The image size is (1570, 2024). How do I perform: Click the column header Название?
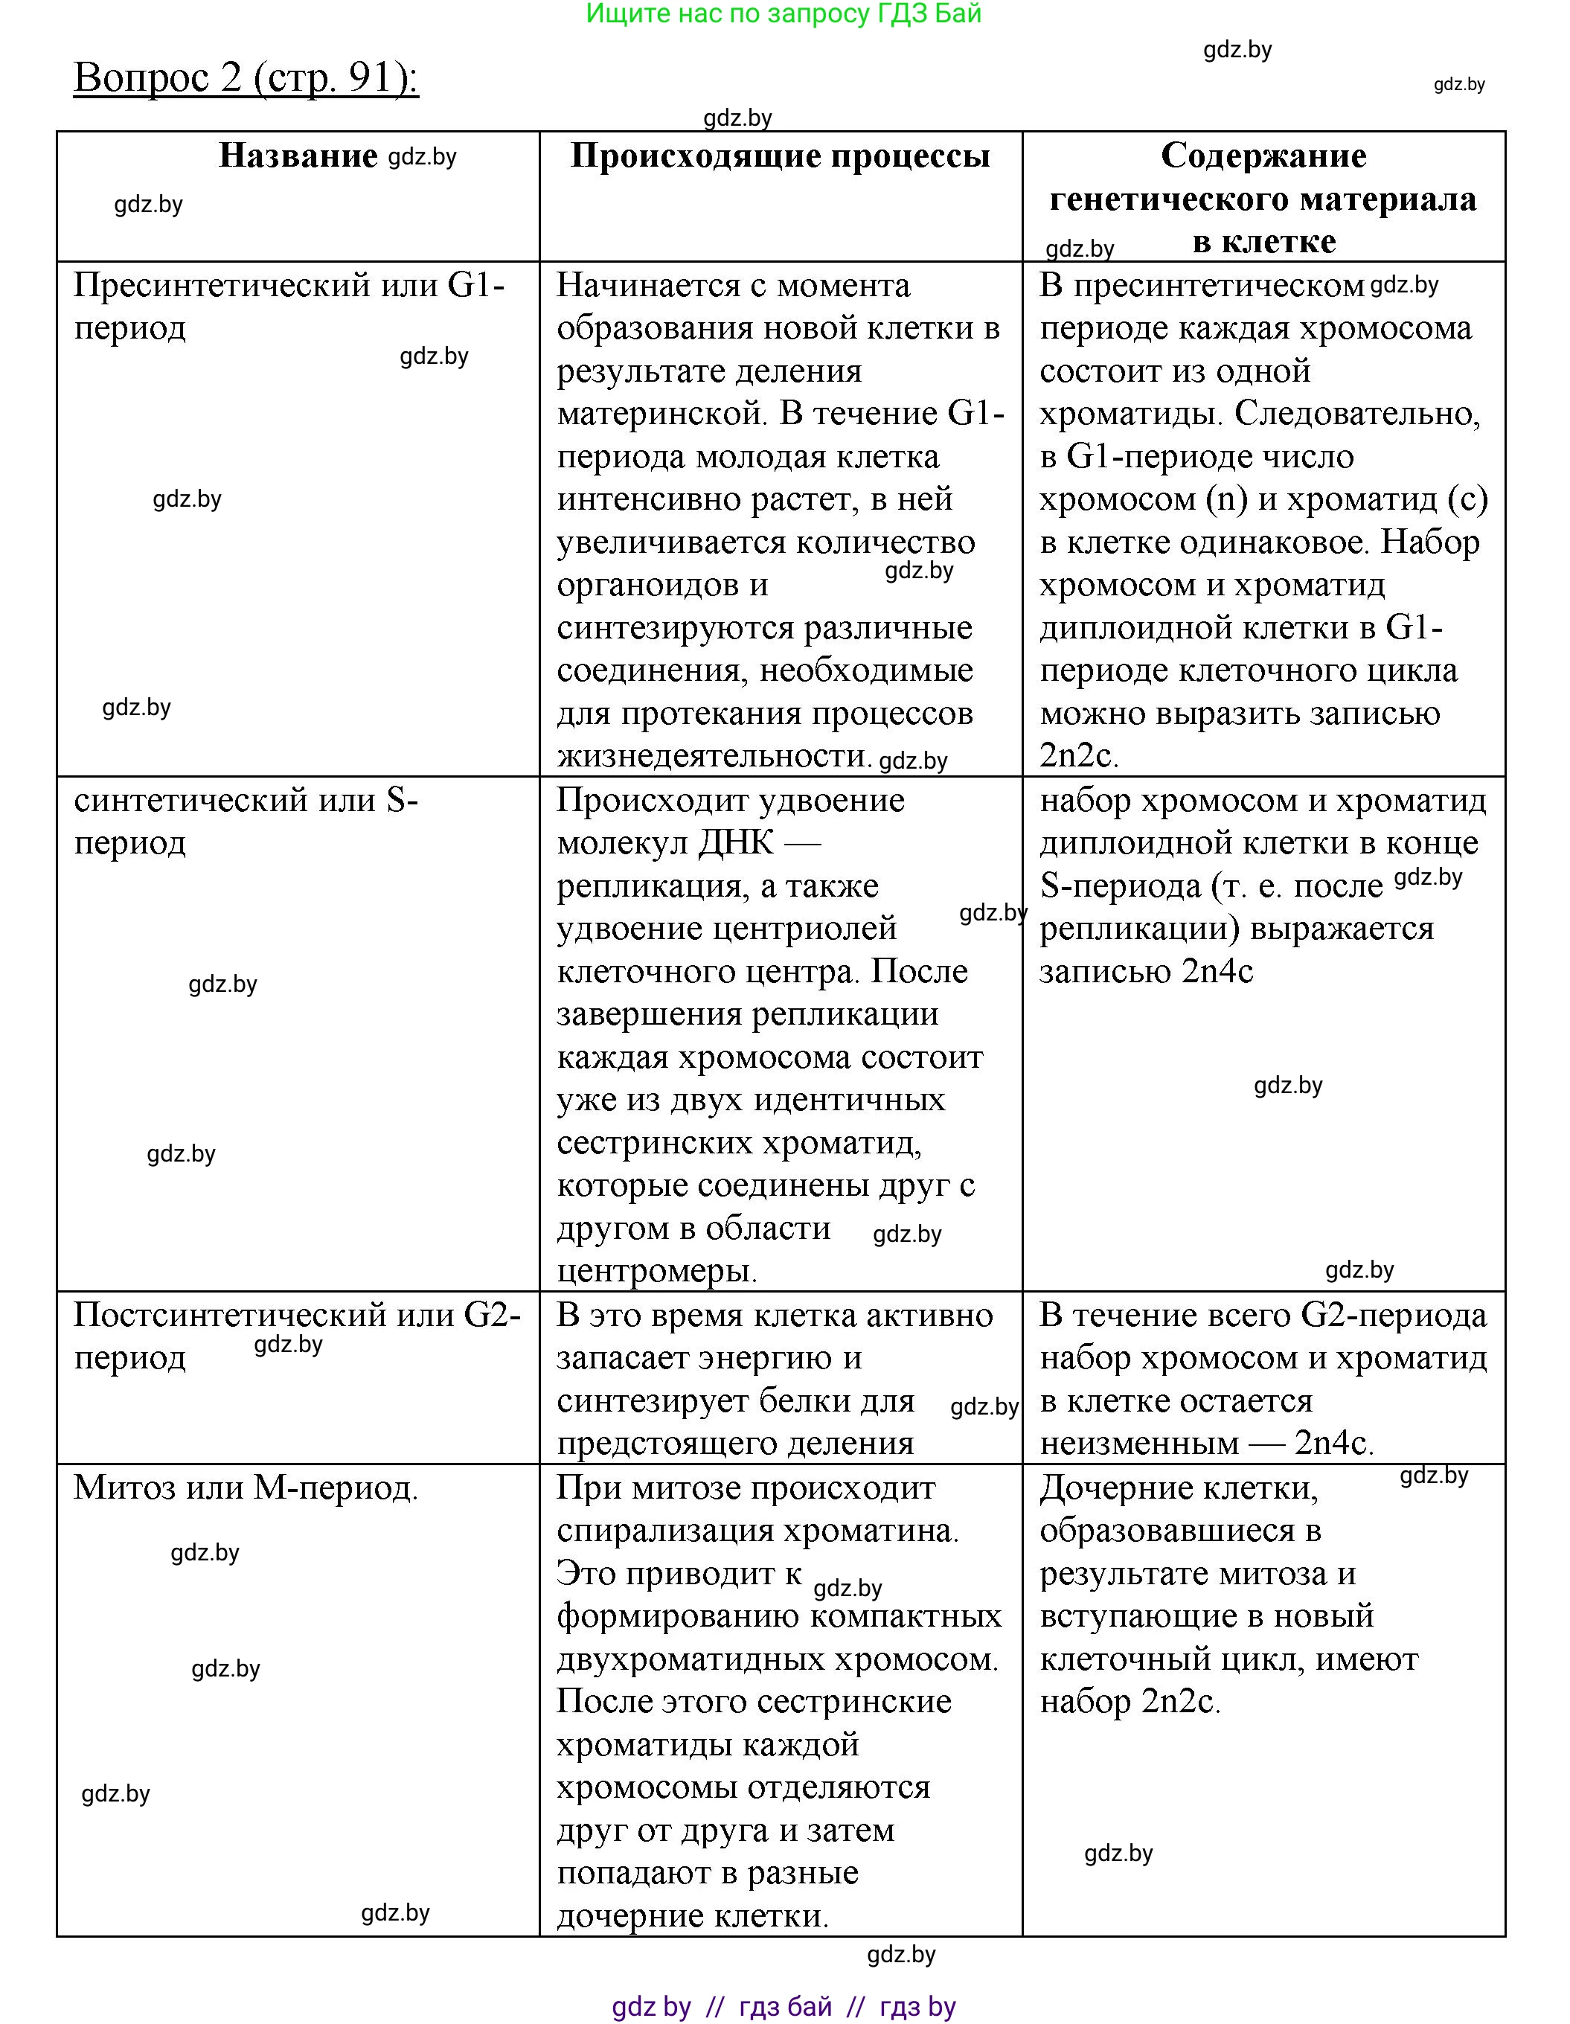click(x=298, y=156)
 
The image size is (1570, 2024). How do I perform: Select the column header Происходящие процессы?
click(x=781, y=156)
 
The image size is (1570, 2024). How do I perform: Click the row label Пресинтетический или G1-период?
click(x=289, y=306)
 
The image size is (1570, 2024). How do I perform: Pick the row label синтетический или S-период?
click(x=246, y=820)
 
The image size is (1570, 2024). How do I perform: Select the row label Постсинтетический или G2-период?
click(x=297, y=1336)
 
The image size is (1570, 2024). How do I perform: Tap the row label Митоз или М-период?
click(x=246, y=1487)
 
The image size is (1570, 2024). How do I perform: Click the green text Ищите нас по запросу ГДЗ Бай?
click(x=784, y=14)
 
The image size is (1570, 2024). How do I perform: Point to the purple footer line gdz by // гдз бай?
click(x=784, y=2006)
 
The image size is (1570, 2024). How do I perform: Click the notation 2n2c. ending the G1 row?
click(x=1079, y=756)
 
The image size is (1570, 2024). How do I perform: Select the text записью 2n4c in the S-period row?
click(x=1147, y=971)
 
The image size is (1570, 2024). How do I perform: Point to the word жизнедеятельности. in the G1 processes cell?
click(x=714, y=756)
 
